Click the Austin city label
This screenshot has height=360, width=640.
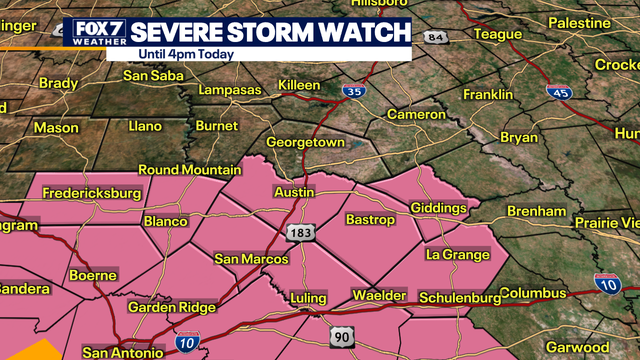click(294, 192)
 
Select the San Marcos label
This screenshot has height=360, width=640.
click(251, 259)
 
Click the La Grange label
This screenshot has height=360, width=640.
click(458, 255)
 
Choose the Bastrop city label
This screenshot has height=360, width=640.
click(371, 219)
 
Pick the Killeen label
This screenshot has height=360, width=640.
click(299, 84)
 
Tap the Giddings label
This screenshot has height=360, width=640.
click(439, 208)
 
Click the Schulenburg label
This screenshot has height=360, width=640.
click(458, 298)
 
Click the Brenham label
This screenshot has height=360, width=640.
click(536, 212)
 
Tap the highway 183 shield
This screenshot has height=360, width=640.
click(299, 233)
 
